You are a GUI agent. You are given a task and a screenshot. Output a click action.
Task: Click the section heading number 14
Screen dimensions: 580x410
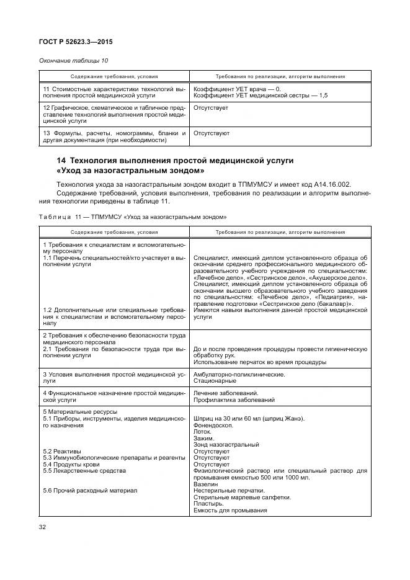tap(61, 161)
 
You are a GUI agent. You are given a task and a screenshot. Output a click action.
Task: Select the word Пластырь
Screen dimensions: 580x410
tap(208, 504)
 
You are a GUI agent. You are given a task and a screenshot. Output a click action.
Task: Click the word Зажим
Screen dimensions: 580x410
tap(204, 438)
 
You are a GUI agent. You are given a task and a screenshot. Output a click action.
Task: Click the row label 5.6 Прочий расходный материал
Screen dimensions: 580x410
tap(89, 491)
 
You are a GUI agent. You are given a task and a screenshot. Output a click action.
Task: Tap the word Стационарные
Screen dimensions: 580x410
tap(216, 381)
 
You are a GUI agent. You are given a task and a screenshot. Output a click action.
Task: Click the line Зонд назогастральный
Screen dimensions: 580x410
tap(226, 444)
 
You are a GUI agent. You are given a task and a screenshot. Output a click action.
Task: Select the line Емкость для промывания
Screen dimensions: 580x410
tap(230, 511)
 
